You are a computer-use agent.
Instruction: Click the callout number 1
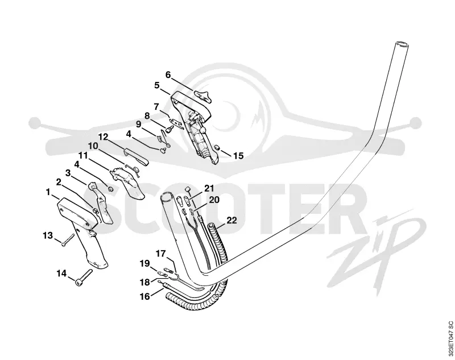coord(48,192)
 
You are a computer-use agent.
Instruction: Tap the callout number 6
coord(168,75)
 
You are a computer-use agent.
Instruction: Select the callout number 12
coord(103,136)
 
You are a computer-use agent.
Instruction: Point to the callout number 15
coord(238,155)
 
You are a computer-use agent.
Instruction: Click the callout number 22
coord(231,220)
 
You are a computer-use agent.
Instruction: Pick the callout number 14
coord(61,273)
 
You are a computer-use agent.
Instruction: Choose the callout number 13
coord(48,235)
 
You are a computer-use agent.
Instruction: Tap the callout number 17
coord(160,254)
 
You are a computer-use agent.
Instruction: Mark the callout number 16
coord(145,296)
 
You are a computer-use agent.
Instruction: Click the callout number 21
coord(209,188)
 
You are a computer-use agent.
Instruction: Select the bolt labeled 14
coord(84,278)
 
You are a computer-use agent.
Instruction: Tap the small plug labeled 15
coord(217,148)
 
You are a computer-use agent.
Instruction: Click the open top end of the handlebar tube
coord(402,44)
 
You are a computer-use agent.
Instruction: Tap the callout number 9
coord(138,125)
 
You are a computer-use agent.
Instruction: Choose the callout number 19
coord(145,264)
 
